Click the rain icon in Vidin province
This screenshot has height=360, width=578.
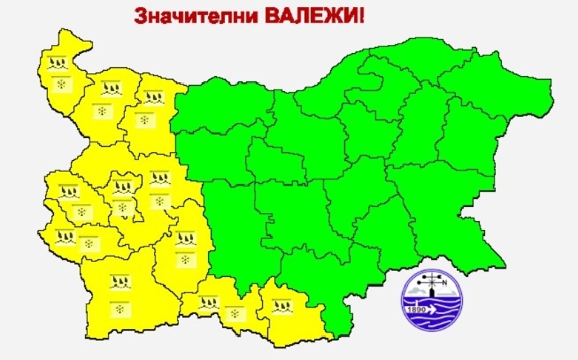[58, 64]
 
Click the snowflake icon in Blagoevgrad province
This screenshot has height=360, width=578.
[119, 307]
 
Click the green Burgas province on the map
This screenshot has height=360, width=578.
[443, 190]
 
